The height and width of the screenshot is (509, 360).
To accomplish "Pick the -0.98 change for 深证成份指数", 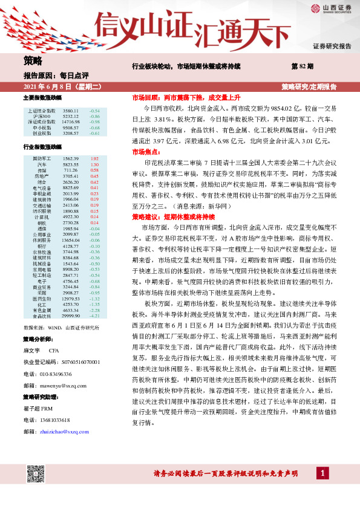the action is pyautogui.click(x=94, y=122).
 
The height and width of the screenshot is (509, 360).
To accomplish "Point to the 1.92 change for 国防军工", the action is pyautogui.click(x=94, y=158).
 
